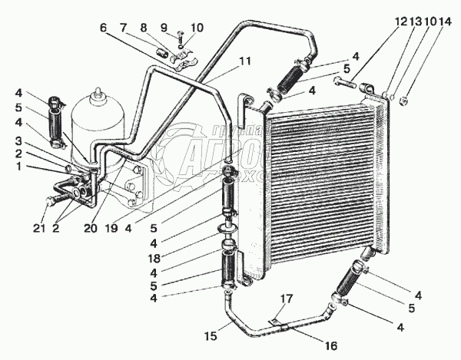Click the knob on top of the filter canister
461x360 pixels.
click(97, 94)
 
